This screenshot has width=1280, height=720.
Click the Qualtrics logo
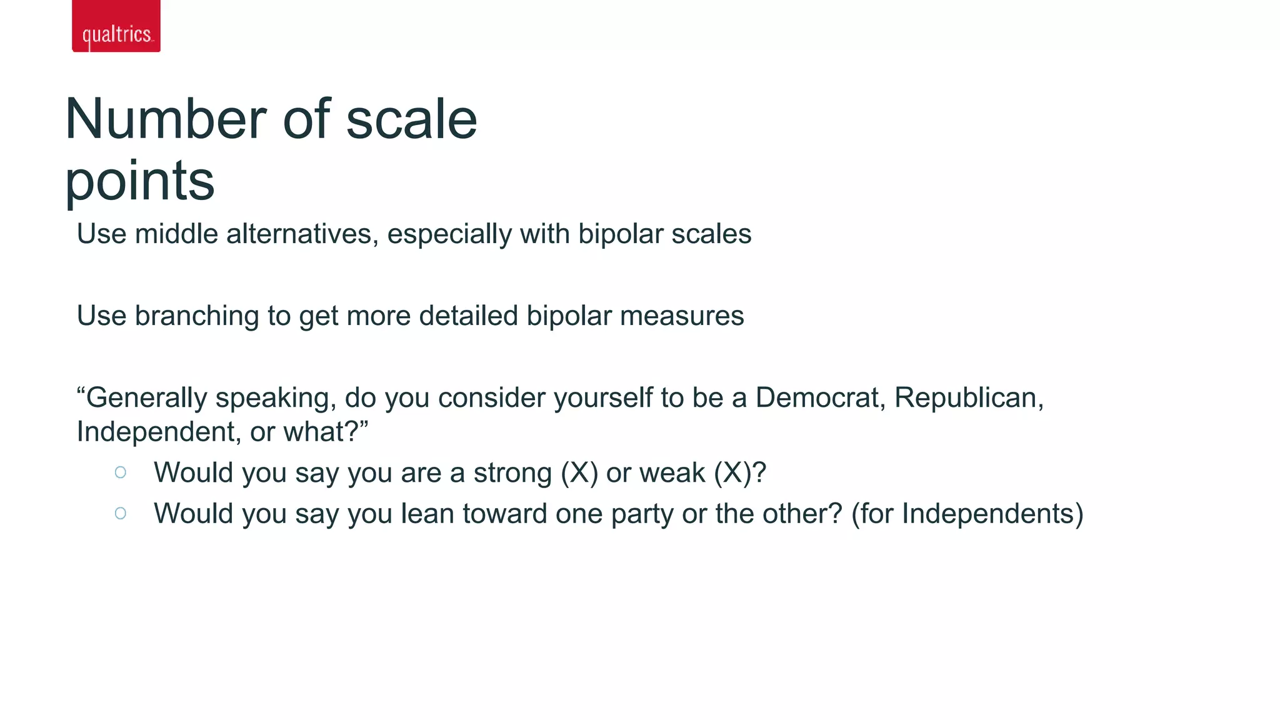coord(116,27)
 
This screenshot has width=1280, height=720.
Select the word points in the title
coord(140,181)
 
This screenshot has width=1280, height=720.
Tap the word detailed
coord(468,316)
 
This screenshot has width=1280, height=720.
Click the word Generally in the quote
coord(146,398)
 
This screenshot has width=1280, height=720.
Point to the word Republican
coord(968,398)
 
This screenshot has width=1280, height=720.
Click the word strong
coord(512,473)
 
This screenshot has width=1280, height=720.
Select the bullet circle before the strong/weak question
coord(121,472)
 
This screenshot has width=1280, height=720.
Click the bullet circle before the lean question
coord(121,514)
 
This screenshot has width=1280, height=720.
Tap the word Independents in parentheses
coord(988,514)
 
